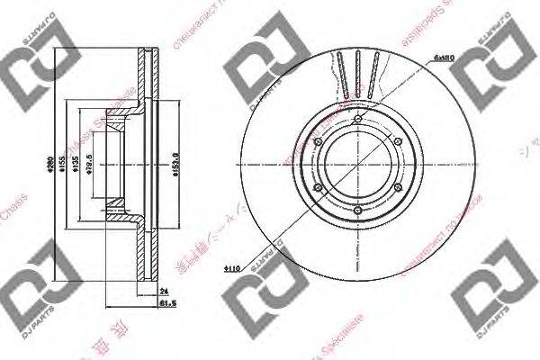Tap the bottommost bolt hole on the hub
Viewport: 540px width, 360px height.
pyautogui.click(x=357, y=211)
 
